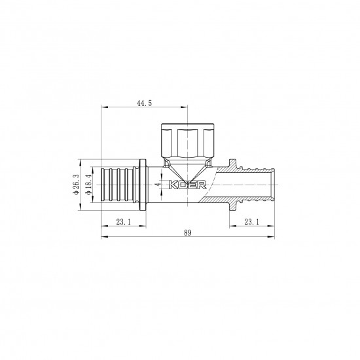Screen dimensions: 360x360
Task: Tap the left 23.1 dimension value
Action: click(x=122, y=221)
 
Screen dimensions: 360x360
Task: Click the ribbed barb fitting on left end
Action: click(x=117, y=184)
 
